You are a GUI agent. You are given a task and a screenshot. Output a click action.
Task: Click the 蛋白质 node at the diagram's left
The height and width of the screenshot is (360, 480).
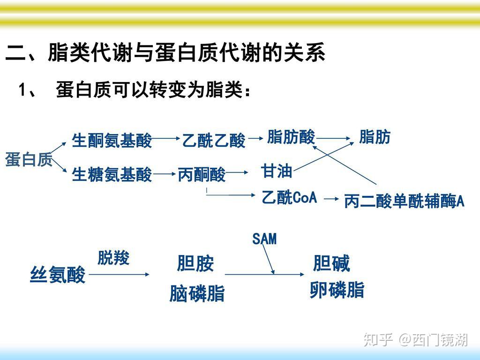tap(29, 160)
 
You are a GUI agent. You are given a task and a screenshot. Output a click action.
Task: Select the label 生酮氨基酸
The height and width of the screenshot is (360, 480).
tap(112, 140)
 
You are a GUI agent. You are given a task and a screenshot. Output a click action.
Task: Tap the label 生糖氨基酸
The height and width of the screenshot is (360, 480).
tap(112, 175)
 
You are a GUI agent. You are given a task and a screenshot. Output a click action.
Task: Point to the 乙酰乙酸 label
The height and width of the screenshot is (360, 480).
tap(214, 140)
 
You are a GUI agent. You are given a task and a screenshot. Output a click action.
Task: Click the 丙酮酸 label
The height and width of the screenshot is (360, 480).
tap(202, 175)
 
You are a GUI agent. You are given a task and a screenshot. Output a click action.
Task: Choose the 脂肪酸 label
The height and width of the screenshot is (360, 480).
tap(291, 137)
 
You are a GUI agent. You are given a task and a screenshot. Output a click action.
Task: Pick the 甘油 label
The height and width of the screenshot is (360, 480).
tap(277, 171)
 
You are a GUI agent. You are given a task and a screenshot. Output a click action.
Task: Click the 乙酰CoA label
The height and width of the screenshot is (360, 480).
tap(289, 198)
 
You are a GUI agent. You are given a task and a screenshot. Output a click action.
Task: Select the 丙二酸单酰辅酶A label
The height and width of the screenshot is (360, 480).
tap(404, 202)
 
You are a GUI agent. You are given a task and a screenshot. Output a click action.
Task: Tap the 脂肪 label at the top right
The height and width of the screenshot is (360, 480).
tap(375, 137)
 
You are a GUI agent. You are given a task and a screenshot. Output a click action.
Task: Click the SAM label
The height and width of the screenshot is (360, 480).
tap(264, 240)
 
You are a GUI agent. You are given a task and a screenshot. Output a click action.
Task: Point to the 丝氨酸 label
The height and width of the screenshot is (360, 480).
tap(58, 275)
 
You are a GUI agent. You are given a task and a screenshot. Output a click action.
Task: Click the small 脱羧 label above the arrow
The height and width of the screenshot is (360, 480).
tap(113, 258)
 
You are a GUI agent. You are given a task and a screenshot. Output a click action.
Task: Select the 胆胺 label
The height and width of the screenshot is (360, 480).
tap(195, 264)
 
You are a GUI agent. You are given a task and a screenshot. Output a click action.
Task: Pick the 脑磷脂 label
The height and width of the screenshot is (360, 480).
tap(197, 294)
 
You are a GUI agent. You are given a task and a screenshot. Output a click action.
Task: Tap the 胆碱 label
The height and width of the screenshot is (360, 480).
tap(331, 264)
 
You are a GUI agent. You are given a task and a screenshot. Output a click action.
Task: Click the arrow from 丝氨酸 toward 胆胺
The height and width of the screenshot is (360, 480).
tap(120, 275)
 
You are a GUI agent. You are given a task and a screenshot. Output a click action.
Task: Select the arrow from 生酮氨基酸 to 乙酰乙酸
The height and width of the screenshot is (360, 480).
tap(166, 139)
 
